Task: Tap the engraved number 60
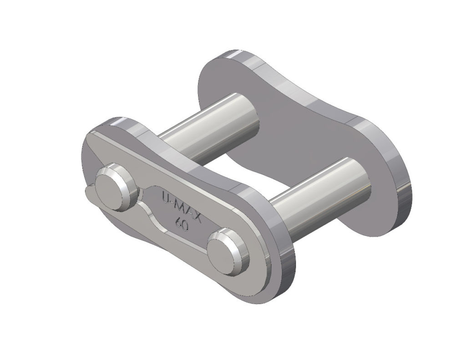point(182,224)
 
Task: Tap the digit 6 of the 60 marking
point(178,222)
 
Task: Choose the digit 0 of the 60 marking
point(186,226)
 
